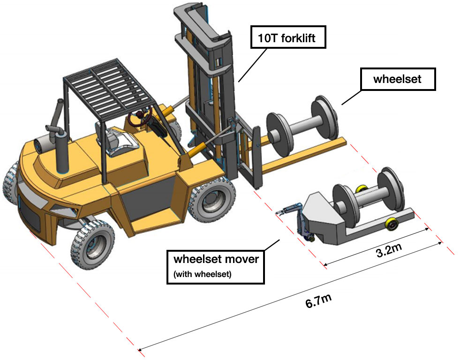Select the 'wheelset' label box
coord(397,79)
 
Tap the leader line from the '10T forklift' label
coord(253,66)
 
